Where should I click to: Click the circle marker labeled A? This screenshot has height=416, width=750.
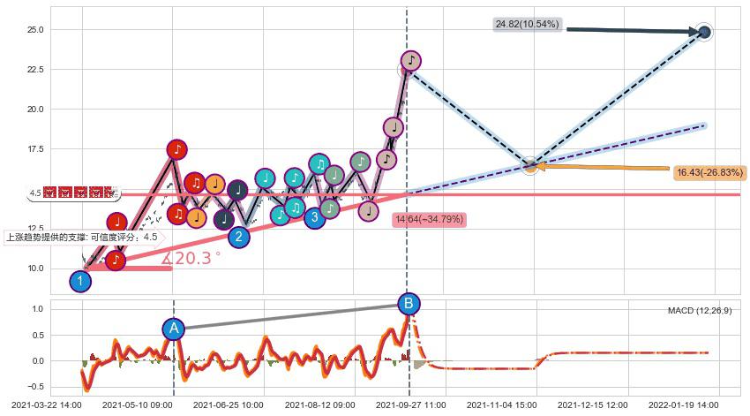pyautogui.click(x=174, y=329)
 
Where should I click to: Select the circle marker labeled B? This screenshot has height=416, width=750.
pyautogui.click(x=409, y=305)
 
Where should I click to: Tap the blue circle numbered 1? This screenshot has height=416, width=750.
pyautogui.click(x=80, y=282)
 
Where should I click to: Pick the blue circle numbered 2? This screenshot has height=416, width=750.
pyautogui.click(x=238, y=237)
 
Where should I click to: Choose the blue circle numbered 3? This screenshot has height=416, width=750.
pyautogui.click(x=315, y=217)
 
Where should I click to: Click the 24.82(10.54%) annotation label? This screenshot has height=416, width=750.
pyautogui.click(x=528, y=25)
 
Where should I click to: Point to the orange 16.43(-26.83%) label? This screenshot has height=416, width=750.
pyautogui.click(x=709, y=173)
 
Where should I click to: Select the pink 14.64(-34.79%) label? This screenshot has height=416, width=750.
pyautogui.click(x=429, y=219)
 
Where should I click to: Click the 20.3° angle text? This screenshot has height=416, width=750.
pyautogui.click(x=191, y=259)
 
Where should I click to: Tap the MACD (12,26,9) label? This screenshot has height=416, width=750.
pyautogui.click(x=699, y=311)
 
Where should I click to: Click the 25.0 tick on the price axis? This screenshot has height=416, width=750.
pyautogui.click(x=35, y=30)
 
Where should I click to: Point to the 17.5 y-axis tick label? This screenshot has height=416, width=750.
pyautogui.click(x=35, y=150)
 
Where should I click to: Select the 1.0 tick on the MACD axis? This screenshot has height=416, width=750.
pyautogui.click(x=38, y=309)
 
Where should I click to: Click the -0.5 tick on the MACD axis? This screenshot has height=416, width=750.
pyautogui.click(x=35, y=386)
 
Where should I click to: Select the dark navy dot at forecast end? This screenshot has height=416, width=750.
pyautogui.click(x=704, y=33)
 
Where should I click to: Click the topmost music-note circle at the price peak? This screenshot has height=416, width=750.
pyautogui.click(x=410, y=61)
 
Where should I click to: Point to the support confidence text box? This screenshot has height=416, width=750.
pyautogui.click(x=82, y=237)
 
